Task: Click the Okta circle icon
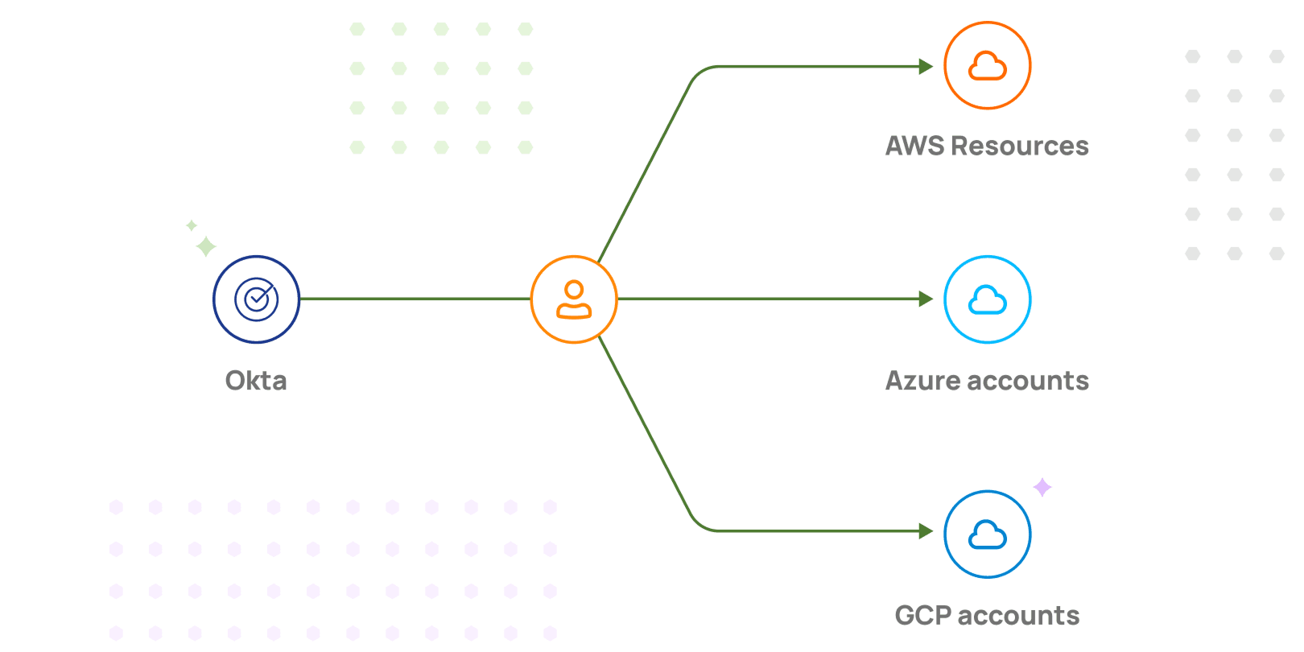[x=256, y=299]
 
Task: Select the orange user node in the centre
[x=574, y=299]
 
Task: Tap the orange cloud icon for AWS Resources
[x=988, y=65]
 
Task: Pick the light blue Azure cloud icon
[x=988, y=299]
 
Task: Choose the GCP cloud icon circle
[x=988, y=534]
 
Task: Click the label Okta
[x=256, y=381]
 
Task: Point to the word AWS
[x=915, y=146]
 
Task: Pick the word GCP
[x=923, y=616]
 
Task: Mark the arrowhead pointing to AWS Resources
[x=926, y=67]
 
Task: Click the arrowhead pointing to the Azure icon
[x=926, y=299]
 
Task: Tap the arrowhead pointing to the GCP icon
[x=926, y=531]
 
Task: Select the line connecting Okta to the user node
[x=415, y=299]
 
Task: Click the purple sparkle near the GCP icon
[x=1042, y=487]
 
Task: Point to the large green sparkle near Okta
[x=206, y=246]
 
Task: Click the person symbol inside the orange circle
[x=574, y=300]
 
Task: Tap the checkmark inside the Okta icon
[x=258, y=299]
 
